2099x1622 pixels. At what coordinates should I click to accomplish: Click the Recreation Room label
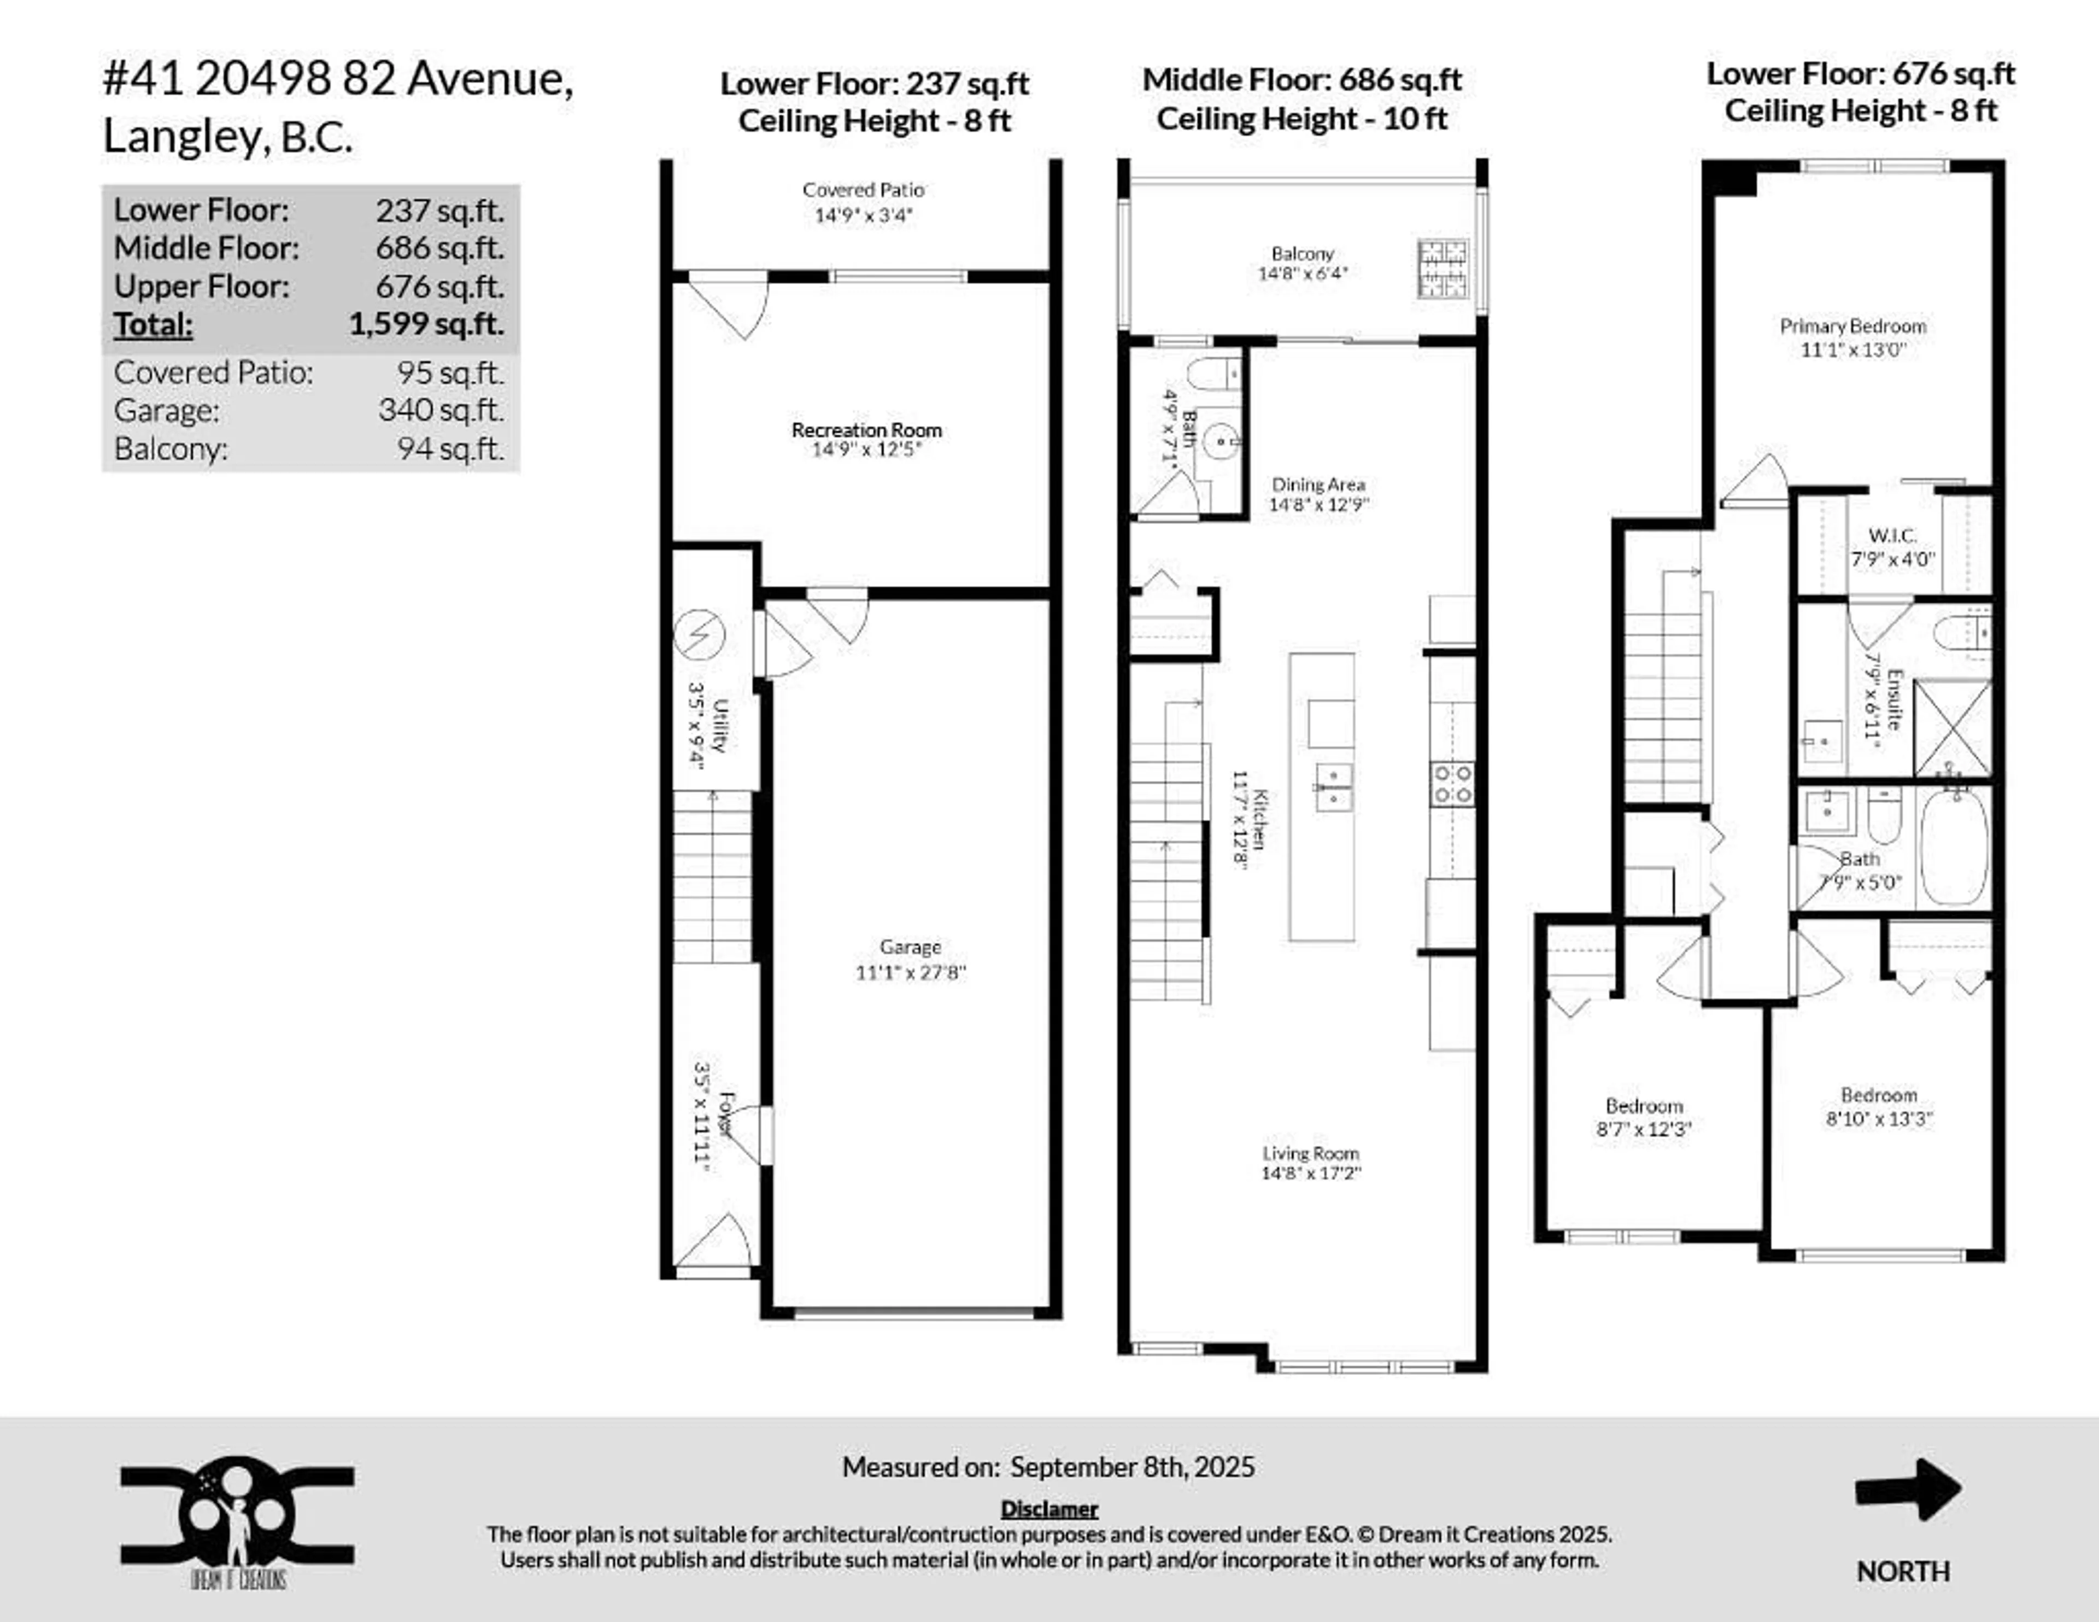coord(866,430)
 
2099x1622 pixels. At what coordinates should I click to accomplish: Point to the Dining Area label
coord(1318,485)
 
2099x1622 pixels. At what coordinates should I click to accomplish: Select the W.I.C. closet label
coord(1891,535)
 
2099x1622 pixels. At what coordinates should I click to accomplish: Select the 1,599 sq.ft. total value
coord(426,324)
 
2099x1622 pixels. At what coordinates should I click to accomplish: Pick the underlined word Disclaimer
coord(1048,1509)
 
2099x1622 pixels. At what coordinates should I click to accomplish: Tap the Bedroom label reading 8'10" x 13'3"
coord(1878,1095)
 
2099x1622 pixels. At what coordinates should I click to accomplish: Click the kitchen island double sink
coord(1333,786)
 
